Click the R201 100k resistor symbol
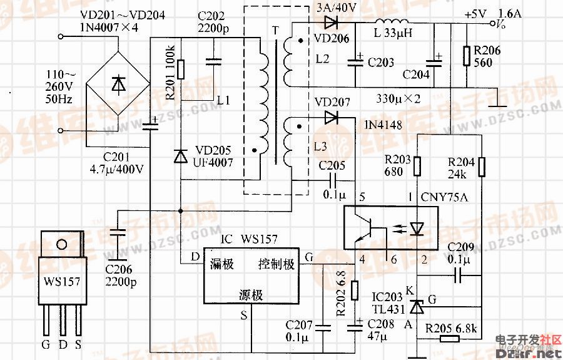click(x=180, y=69)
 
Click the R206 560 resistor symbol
click(x=466, y=56)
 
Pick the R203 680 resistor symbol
click(x=417, y=167)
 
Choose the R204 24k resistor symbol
click(x=482, y=167)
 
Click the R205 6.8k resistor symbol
click(x=449, y=339)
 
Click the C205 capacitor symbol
click(x=331, y=179)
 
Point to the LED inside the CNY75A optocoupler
click(x=417, y=229)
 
